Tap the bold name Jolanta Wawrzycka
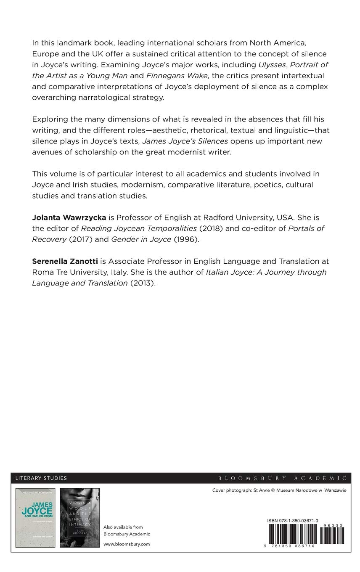[69, 217]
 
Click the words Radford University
[236, 217]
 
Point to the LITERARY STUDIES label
[41, 478]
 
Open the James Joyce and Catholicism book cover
[35, 517]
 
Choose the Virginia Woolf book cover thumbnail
[79, 517]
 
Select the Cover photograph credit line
[279, 490]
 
